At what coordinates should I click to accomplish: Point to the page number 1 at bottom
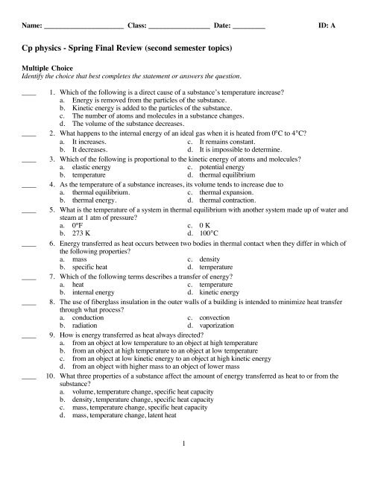click(185, 446)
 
